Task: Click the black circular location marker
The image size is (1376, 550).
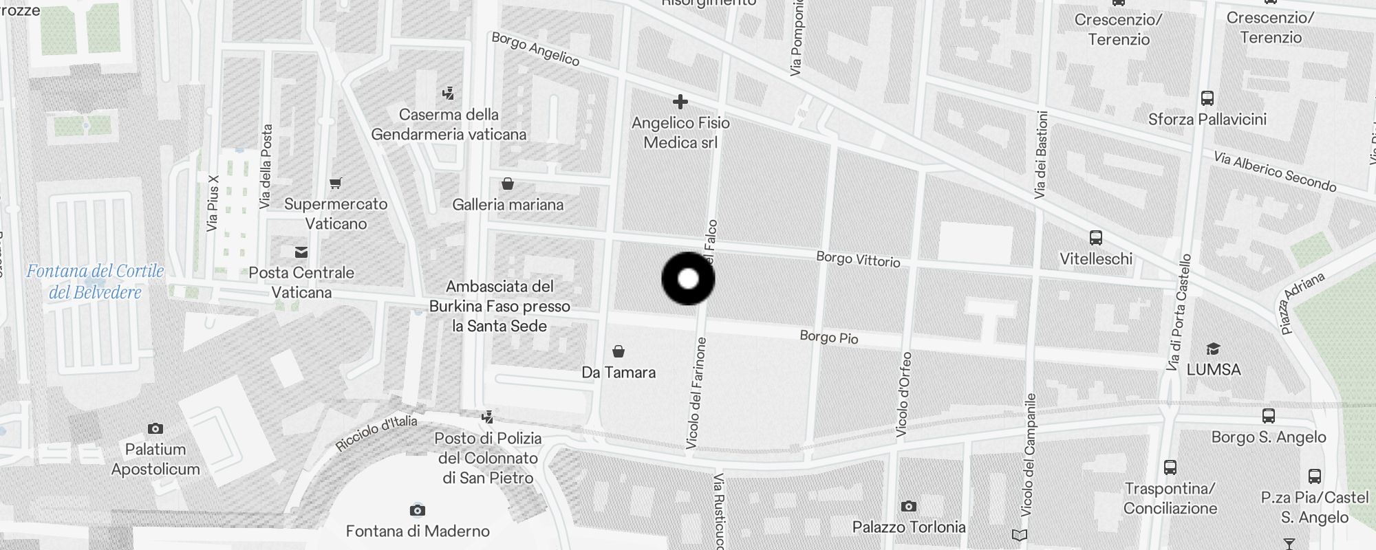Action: tap(688, 278)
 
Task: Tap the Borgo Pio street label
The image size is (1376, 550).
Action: tap(828, 337)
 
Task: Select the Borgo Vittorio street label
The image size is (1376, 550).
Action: tap(858, 259)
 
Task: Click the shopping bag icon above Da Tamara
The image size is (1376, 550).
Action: tap(619, 352)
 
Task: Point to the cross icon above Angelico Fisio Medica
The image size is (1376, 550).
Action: tap(680, 102)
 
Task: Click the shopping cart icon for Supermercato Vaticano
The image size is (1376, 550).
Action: tap(336, 184)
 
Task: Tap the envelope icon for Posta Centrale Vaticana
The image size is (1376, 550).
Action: tap(301, 252)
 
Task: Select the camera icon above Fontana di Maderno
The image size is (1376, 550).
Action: tap(417, 510)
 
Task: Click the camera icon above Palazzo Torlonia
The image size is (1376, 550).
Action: tap(908, 507)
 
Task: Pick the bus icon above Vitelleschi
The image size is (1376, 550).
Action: tap(1096, 239)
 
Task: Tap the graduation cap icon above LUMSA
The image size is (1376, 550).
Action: tap(1213, 349)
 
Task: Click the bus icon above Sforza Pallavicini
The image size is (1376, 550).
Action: tap(1207, 98)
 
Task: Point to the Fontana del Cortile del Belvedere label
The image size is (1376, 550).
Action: tap(95, 282)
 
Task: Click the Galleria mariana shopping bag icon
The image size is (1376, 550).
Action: tap(508, 184)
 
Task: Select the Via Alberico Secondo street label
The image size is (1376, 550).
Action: tap(1274, 171)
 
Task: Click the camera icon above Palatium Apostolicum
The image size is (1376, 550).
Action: tap(155, 429)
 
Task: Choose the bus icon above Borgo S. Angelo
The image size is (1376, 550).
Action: tap(1268, 416)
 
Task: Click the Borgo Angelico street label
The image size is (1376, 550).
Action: tap(535, 49)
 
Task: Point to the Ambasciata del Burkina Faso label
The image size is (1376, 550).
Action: tap(499, 306)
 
